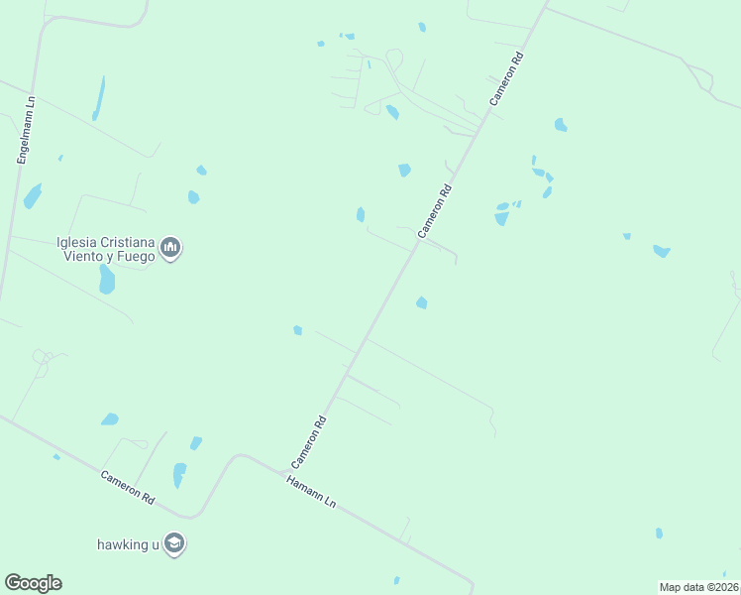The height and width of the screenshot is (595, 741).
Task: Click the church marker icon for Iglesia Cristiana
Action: (x=170, y=247)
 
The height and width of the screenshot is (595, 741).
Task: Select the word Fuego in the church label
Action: (x=136, y=256)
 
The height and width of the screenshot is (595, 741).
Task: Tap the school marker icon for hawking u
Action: (x=174, y=543)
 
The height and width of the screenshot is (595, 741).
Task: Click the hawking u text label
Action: (x=128, y=544)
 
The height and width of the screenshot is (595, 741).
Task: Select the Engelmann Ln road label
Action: (x=26, y=128)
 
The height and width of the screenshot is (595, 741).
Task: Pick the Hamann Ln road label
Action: (x=311, y=492)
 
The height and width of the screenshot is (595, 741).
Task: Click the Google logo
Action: (x=33, y=583)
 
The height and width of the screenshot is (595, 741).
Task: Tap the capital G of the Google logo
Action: (x=12, y=582)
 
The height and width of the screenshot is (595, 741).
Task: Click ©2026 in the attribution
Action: (x=724, y=587)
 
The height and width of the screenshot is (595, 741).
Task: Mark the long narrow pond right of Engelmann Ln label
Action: (x=98, y=98)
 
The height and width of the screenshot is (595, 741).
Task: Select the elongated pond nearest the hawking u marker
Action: (x=179, y=475)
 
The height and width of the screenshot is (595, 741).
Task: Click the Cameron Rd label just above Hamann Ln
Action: (x=308, y=442)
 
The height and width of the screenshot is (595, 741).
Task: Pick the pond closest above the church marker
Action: (x=193, y=197)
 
